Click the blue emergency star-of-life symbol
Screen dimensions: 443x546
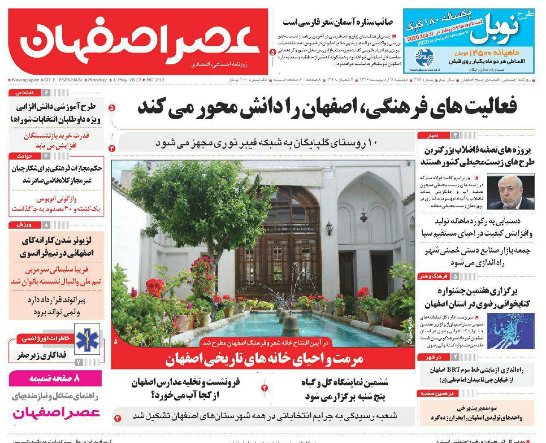87,339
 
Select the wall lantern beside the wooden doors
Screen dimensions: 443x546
329,228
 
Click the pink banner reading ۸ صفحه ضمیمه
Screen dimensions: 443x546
55,379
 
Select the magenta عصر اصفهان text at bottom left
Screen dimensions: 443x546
56,412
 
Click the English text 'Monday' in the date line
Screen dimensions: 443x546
97,80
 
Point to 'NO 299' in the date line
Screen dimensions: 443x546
155,80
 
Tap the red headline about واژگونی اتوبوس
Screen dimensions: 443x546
56,204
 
